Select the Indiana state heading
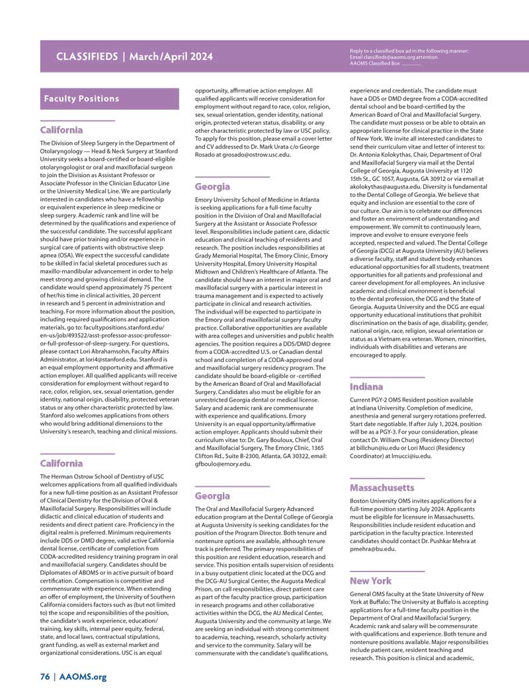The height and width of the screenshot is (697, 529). (366, 386)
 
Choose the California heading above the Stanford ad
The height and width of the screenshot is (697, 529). (61, 130)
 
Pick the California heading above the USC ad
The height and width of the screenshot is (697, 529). (61, 464)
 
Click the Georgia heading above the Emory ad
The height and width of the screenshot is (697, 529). (212, 187)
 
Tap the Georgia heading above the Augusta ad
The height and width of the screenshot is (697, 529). (212, 496)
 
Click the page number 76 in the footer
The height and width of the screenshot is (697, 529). (44, 677)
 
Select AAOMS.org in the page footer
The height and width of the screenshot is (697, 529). (83, 677)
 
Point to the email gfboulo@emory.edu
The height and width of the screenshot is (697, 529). (223, 464)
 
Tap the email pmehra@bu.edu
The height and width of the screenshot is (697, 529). (372, 549)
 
